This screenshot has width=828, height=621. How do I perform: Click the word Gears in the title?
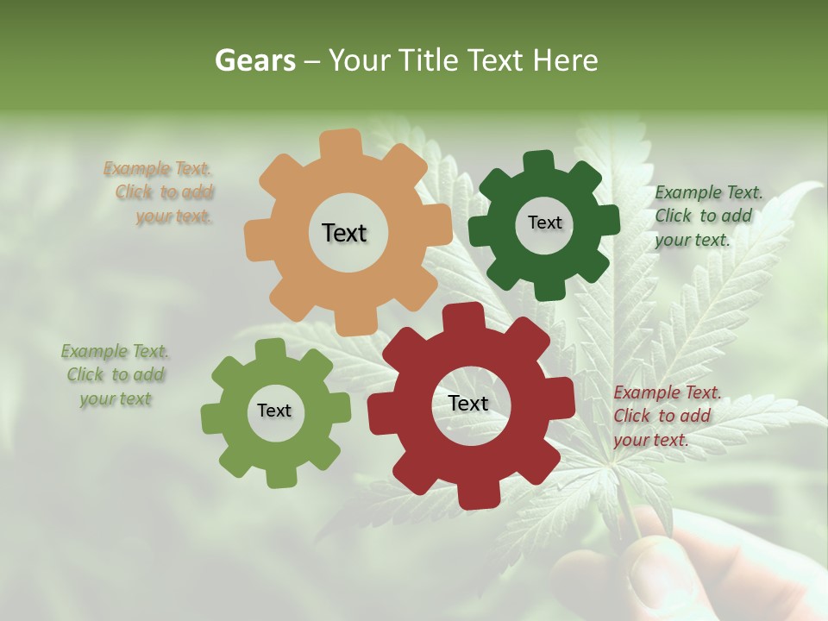click(254, 61)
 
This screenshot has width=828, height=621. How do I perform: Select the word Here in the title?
click(565, 61)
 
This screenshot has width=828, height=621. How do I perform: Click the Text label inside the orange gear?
click(344, 233)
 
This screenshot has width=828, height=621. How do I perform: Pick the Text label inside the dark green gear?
click(544, 223)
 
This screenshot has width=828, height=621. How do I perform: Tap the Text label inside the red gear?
click(468, 404)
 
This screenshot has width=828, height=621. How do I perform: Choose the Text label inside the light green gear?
click(274, 411)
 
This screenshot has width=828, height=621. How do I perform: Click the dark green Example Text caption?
click(707, 216)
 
